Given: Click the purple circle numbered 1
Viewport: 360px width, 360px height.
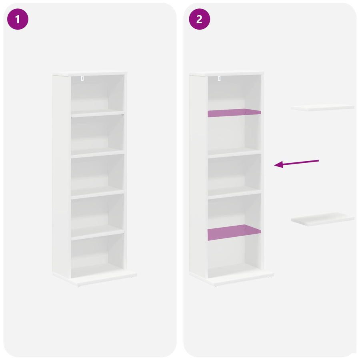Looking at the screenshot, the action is click(18, 19).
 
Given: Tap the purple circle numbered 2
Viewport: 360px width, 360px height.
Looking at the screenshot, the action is click(199, 19).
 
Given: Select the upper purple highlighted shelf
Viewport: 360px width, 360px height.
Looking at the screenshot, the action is click(234, 113).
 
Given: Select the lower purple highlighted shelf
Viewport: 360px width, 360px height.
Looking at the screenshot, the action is click(234, 232).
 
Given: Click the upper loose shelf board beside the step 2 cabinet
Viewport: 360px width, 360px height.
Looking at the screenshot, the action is click(322, 108).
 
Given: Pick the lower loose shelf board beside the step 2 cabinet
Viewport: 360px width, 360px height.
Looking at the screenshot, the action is click(322, 219).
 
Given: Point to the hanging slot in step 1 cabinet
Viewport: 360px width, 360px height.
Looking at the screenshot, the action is click(82, 78).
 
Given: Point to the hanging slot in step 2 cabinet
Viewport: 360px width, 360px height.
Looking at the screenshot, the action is click(219, 78).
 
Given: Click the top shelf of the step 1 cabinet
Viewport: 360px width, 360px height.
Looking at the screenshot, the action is click(98, 113).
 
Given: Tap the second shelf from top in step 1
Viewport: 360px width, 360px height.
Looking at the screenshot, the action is click(98, 153).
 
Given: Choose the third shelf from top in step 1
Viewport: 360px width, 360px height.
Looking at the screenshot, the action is click(98, 192).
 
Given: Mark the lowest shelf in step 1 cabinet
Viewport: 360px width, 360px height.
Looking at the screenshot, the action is click(98, 232).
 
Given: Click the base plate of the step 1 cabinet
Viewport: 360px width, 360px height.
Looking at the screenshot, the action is click(94, 278).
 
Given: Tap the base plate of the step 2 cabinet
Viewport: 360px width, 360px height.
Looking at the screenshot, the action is click(232, 278).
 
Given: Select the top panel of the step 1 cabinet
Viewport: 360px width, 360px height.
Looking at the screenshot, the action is click(90, 74).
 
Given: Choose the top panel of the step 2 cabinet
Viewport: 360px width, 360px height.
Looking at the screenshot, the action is click(226, 74).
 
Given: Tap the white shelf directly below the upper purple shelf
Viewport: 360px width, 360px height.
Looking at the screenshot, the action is click(234, 153).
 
